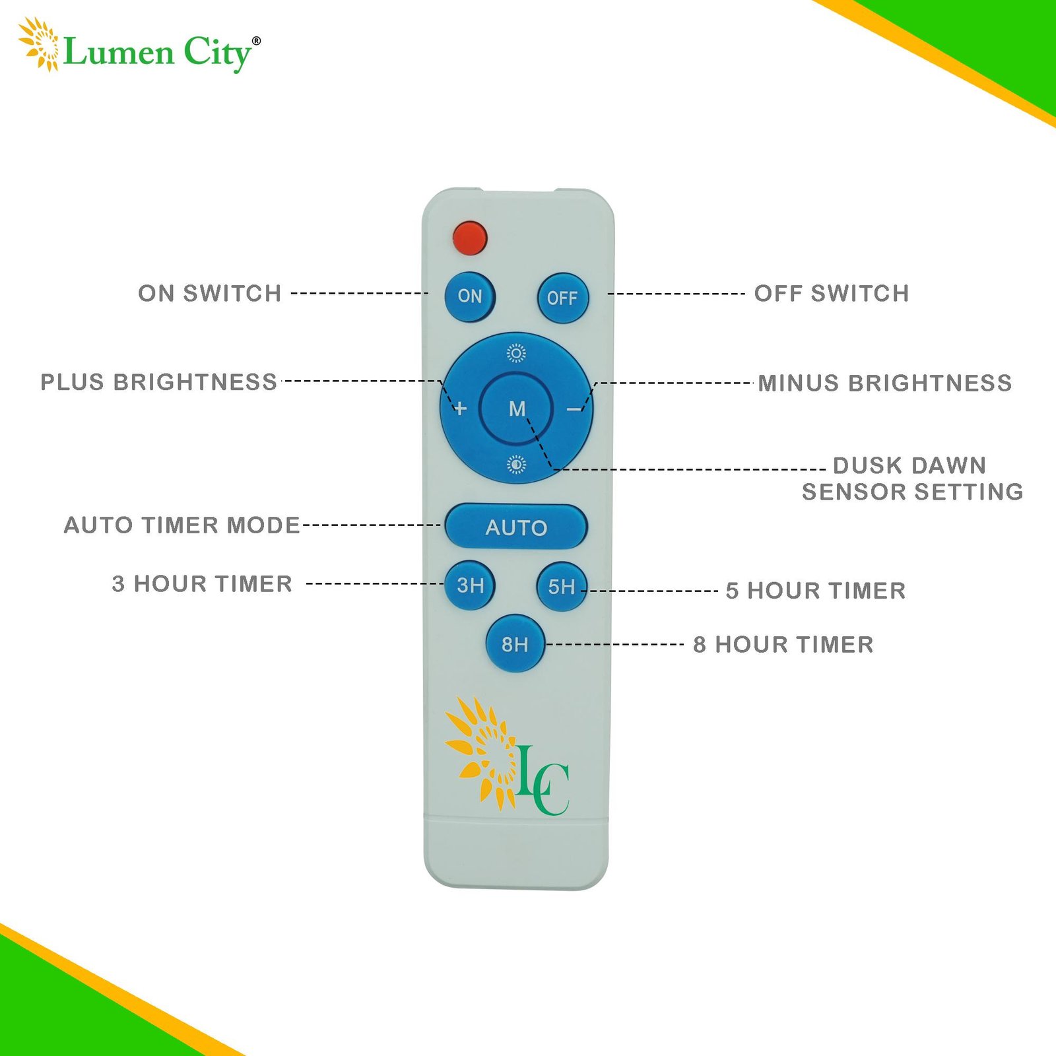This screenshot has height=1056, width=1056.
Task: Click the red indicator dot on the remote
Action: pos(470,238)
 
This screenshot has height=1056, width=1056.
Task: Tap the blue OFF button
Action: pos(562,298)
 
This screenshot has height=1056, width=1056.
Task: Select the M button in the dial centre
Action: pos(517,409)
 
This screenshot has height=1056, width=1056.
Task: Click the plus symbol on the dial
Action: pos(461,409)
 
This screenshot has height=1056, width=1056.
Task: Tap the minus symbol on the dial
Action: pos(574,410)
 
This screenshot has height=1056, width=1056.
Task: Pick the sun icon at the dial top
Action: pos(516,354)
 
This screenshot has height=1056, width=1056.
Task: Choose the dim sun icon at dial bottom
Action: pos(516,465)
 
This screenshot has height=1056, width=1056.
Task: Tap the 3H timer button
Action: pos(470,585)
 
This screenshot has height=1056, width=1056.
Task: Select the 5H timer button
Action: pos(562,586)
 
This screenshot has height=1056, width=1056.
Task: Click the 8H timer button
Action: pos(515,643)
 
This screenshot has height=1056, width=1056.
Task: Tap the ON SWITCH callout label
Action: pos(210,293)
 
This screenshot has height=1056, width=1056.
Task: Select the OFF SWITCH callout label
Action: pos(832,293)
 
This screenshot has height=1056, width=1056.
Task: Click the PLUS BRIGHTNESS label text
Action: pos(159,382)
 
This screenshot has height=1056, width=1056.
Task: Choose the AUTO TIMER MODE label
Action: pos(182,525)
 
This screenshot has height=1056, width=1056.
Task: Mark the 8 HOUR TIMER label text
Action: pos(783,644)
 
